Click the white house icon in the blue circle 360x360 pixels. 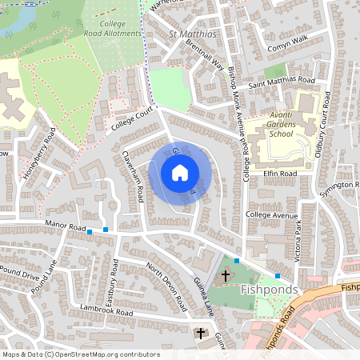(x=180, y=173)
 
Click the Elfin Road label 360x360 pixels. (x=280, y=173)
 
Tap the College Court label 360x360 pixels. (x=131, y=120)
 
